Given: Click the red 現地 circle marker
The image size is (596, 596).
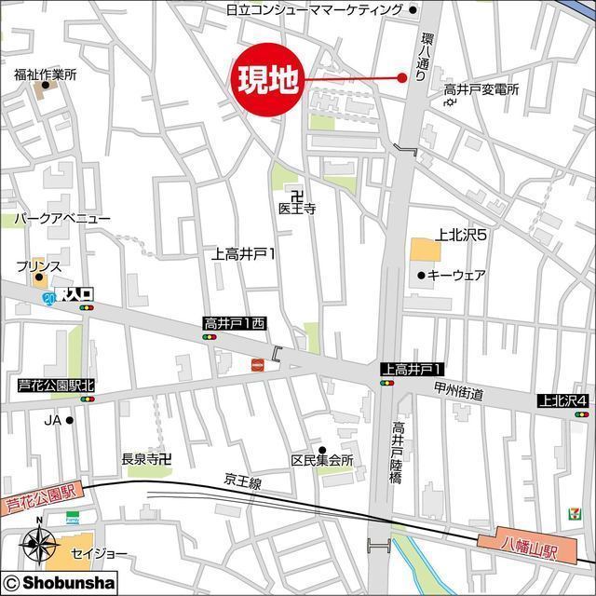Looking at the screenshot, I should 267,80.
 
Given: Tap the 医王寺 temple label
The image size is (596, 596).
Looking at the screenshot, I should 297,209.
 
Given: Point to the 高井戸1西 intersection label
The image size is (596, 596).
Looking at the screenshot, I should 235,323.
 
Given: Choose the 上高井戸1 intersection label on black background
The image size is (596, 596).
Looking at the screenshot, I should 411,369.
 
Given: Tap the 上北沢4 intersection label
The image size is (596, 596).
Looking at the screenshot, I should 563,400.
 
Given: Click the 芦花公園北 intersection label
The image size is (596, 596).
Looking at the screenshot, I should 57,386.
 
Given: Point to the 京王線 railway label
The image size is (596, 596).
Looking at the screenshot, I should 242,481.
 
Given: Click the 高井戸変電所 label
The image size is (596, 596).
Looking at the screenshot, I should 481,89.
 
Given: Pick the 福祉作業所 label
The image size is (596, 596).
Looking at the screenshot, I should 45,74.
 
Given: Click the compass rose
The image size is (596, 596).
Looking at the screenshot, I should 38,542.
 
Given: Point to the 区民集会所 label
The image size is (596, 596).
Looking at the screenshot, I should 322,461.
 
